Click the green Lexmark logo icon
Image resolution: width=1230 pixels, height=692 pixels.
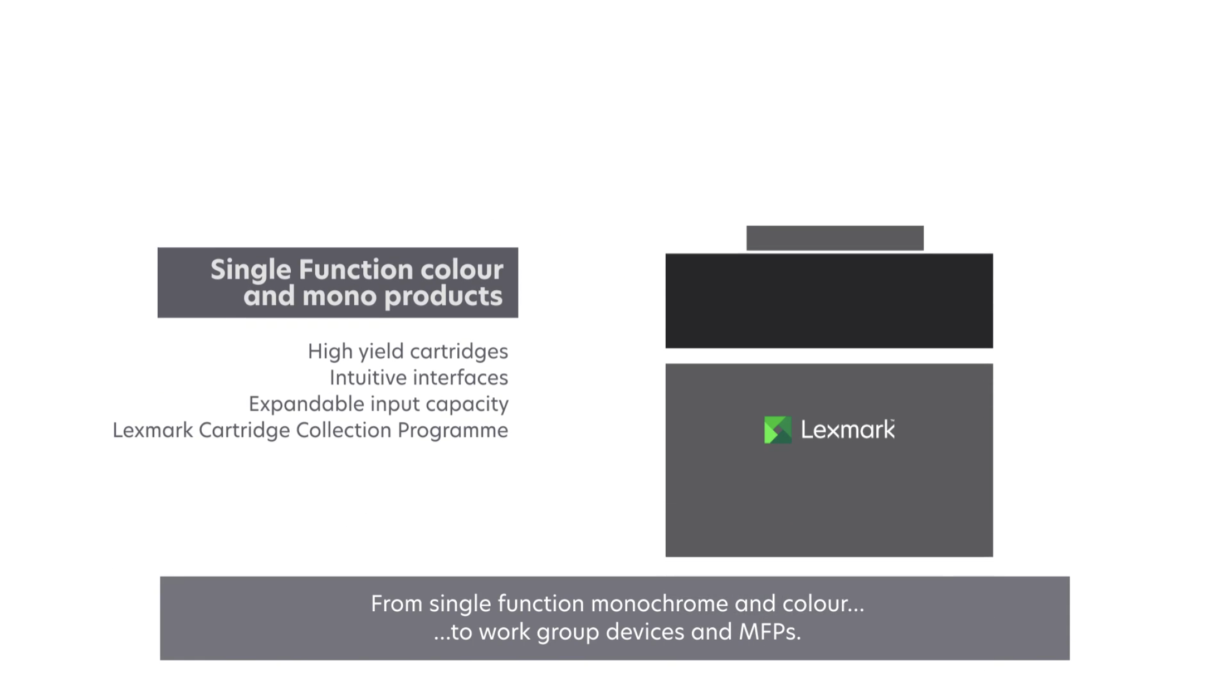pos(778,430)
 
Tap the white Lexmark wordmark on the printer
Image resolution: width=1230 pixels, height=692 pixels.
pos(848,430)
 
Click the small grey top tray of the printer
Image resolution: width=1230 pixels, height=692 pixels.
pos(834,238)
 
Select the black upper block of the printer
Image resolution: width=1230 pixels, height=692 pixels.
pos(829,301)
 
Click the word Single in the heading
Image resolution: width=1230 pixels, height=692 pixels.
pos(251,270)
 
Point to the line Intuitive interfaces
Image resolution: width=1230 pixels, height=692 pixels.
pos(419,378)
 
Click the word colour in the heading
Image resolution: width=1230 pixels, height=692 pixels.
pos(462,270)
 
